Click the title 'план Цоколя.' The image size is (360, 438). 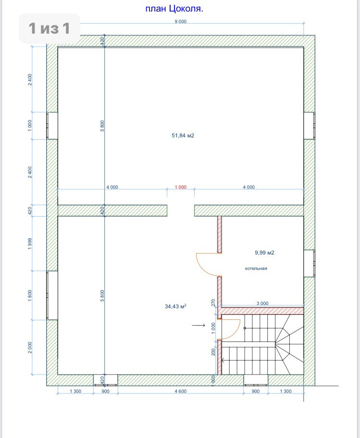pos(174,9)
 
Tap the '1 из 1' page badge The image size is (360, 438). pos(49,28)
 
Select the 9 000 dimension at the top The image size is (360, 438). pos(181,22)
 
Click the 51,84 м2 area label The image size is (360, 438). pos(183,135)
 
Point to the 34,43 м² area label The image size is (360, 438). pos(175,306)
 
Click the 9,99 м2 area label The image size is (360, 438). pos(264,253)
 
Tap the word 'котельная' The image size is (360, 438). pos(256,268)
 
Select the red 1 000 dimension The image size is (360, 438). pos(181,187)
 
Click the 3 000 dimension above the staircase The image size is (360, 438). pos(262,304)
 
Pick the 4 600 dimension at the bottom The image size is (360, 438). pos(181,391)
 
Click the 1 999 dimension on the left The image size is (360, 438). pos(30,243)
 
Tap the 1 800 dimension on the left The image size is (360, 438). pos(30,295)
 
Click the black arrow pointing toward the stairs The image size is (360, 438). pos(199,325)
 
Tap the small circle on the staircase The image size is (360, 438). pos(245,328)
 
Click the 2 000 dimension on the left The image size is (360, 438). pos(30,348)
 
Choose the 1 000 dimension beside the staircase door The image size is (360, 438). pos(213,328)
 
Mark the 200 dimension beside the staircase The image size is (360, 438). pos(213,352)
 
